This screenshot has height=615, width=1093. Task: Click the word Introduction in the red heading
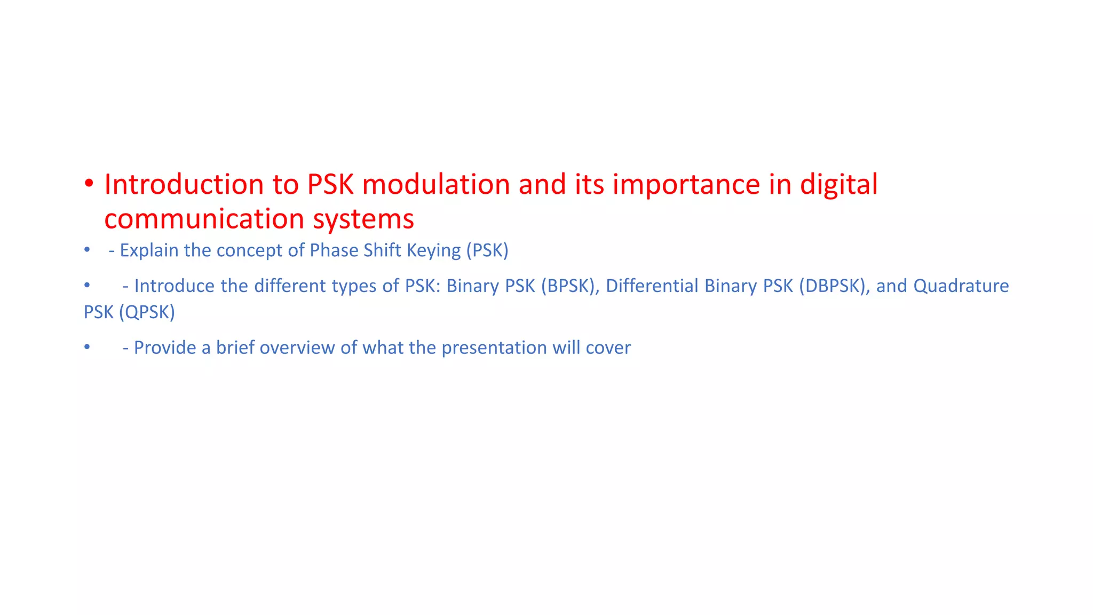tap(184, 185)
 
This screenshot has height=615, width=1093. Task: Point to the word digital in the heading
tap(838, 185)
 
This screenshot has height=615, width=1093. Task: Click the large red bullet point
tap(89, 184)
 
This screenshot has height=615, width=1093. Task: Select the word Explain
tap(149, 250)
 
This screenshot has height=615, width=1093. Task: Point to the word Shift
tap(382, 250)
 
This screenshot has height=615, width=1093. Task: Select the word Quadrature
tap(961, 286)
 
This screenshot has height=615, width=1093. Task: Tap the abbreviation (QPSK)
tap(147, 312)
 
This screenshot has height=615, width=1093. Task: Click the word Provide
tap(165, 348)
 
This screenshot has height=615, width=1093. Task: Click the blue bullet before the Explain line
tap(87, 250)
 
